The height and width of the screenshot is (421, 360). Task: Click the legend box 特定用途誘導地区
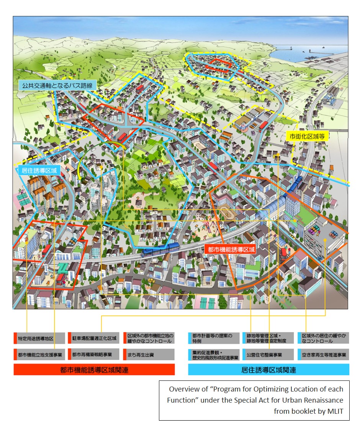38,338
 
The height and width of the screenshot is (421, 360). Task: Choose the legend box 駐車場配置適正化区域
93,338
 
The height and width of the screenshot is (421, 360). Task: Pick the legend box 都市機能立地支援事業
38,354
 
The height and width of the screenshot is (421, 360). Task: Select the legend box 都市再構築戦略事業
93,354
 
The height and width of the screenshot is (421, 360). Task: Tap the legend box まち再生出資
149,354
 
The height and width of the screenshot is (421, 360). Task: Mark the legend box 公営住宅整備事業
268,354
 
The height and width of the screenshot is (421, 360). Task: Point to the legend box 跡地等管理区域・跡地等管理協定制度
268,338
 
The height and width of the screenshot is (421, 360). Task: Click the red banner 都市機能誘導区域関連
94,370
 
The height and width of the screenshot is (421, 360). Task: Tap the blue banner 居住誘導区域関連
268,370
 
